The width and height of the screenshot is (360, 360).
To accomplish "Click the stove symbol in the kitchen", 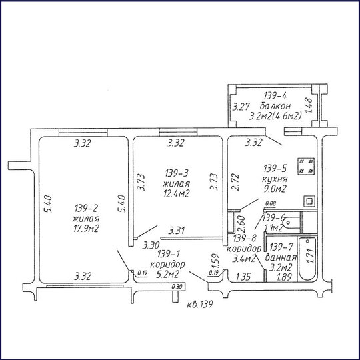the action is pos(306,166).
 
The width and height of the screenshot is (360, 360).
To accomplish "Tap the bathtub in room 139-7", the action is pos(307,259).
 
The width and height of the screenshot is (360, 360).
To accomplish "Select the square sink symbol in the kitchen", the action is pos(309,201).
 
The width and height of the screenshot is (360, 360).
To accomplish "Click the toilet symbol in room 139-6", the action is pos(291,223).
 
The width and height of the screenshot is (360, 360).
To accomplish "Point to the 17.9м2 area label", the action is pos(86,229).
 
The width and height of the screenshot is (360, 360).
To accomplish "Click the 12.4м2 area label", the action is pos(176,193).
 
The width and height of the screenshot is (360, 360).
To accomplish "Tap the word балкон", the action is pos(275,106).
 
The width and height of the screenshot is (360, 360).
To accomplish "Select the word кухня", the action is pos(275,179).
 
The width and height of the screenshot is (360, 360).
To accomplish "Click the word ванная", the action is pos(281,257).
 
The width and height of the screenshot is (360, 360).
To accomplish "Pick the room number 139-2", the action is pos(86,208).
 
